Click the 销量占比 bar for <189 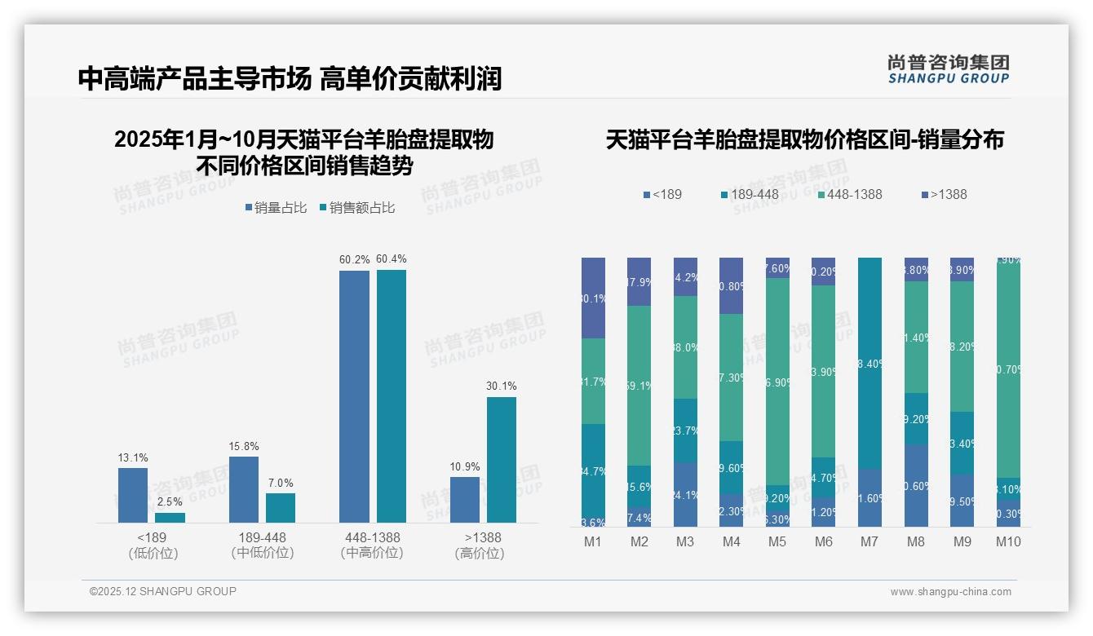pyautogui.click(x=133, y=495)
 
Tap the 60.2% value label pyautogui.click(x=354, y=259)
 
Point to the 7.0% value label pyautogui.click(x=281, y=483)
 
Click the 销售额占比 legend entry pyautogui.click(x=358, y=208)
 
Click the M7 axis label pyautogui.click(x=870, y=541)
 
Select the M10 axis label pyautogui.click(x=1008, y=541)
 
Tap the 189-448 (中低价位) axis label pyautogui.click(x=262, y=545)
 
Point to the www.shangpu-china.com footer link pyautogui.click(x=950, y=592)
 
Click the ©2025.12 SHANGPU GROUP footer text pyautogui.click(x=163, y=591)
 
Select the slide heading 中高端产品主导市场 pyautogui.click(x=194, y=79)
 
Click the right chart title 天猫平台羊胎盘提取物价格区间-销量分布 pyautogui.click(x=804, y=139)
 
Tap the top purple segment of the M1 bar pyautogui.click(x=593, y=298)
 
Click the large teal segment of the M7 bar pyautogui.click(x=870, y=363)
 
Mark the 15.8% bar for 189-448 pyautogui.click(x=244, y=489)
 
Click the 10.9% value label pyautogui.click(x=465, y=467)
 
